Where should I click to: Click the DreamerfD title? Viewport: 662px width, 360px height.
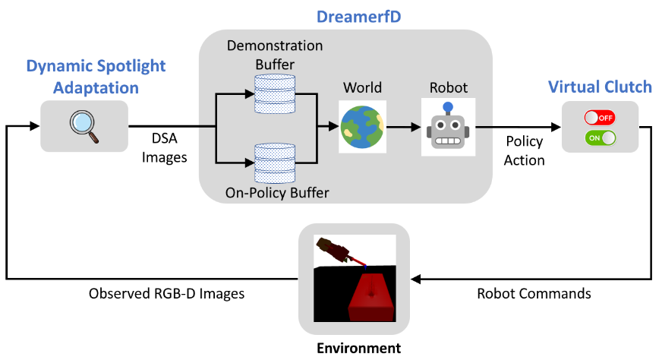pyautogui.click(x=358, y=17)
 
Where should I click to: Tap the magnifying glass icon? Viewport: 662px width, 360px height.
pyautogui.click(x=84, y=126)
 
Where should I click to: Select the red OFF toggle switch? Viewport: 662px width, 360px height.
pyautogui.click(x=600, y=118)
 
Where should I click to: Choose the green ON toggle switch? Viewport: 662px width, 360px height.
pyautogui.click(x=600, y=137)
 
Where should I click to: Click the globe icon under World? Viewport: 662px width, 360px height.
pyautogui.click(x=362, y=127)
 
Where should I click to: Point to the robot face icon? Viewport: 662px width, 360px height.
pyautogui.click(x=448, y=126)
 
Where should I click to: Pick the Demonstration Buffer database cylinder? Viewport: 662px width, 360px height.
pyautogui.click(x=275, y=94)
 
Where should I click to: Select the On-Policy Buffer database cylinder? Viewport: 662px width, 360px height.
pyautogui.click(x=275, y=163)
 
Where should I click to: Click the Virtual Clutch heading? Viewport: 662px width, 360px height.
pyautogui.click(x=600, y=87)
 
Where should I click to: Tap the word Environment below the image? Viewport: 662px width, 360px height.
pyautogui.click(x=359, y=348)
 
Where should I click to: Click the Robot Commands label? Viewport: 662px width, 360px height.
pyautogui.click(x=534, y=294)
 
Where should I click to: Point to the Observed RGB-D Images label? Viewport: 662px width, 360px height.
pyautogui.click(x=166, y=294)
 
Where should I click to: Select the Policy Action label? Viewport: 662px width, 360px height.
pyautogui.click(x=525, y=151)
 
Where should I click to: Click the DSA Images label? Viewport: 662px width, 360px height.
pyautogui.click(x=164, y=148)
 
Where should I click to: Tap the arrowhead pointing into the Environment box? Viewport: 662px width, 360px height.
pyautogui.click(x=415, y=279)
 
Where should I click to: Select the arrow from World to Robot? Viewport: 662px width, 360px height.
pyautogui.click(x=404, y=127)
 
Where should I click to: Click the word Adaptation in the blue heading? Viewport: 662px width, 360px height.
pyautogui.click(x=96, y=88)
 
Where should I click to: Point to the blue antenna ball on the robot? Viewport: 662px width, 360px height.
pyautogui.click(x=448, y=107)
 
